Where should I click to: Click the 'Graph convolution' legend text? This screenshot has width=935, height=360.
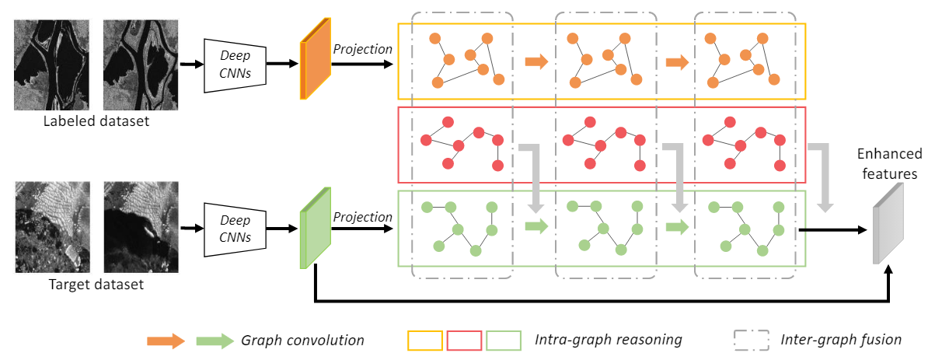302,341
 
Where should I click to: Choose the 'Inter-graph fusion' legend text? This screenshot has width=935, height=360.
841,341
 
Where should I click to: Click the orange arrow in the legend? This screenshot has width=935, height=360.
166,341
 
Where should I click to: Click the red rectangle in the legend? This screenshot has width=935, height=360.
465,341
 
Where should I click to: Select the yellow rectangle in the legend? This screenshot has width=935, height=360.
425,341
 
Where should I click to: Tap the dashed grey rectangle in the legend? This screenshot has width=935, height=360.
750,341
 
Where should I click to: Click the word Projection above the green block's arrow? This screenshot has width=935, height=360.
363,218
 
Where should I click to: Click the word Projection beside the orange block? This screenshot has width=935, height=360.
363,49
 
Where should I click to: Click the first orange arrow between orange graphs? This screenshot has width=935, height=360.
536,62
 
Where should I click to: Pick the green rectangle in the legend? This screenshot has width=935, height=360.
504,341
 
